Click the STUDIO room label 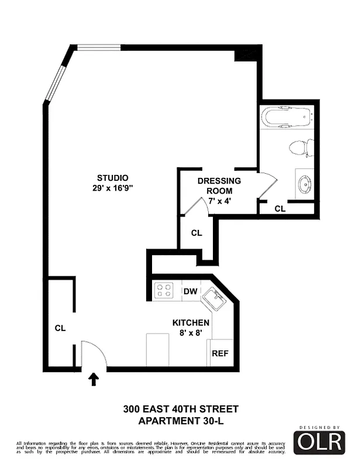(113, 178)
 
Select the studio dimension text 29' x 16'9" (113, 188)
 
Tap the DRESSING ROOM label (219, 186)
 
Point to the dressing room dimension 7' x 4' (220, 201)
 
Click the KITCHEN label (191, 323)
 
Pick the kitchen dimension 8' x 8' (191, 333)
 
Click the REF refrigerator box (220, 353)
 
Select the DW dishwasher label (190, 291)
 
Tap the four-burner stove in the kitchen (164, 290)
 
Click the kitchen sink (215, 301)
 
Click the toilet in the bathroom (301, 148)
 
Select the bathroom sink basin (305, 185)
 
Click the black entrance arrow (93, 380)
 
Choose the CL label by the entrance (60, 328)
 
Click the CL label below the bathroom (280, 208)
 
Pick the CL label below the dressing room (196, 233)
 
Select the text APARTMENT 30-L (181, 421)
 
